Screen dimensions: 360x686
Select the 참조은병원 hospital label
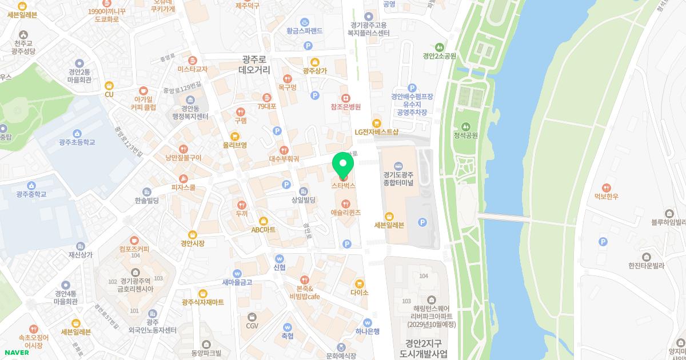click(x=345, y=107)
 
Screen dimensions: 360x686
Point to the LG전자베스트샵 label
click(x=376, y=131)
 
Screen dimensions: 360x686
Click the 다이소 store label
click(x=360, y=292)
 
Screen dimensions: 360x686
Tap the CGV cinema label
click(x=252, y=326)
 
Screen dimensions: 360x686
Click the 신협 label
click(x=280, y=267)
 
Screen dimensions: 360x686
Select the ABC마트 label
click(x=264, y=229)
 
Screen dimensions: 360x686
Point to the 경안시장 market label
click(x=193, y=243)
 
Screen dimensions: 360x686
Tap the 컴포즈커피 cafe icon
click(x=134, y=241)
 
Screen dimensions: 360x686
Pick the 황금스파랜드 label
click(x=305, y=30)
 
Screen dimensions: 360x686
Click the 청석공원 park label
click(x=465, y=135)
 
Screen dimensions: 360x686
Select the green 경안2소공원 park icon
click(x=439, y=47)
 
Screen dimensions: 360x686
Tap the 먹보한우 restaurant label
click(x=607, y=196)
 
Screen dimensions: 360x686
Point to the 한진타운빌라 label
click(x=646, y=265)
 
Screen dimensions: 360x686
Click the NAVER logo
click(x=16, y=352)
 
